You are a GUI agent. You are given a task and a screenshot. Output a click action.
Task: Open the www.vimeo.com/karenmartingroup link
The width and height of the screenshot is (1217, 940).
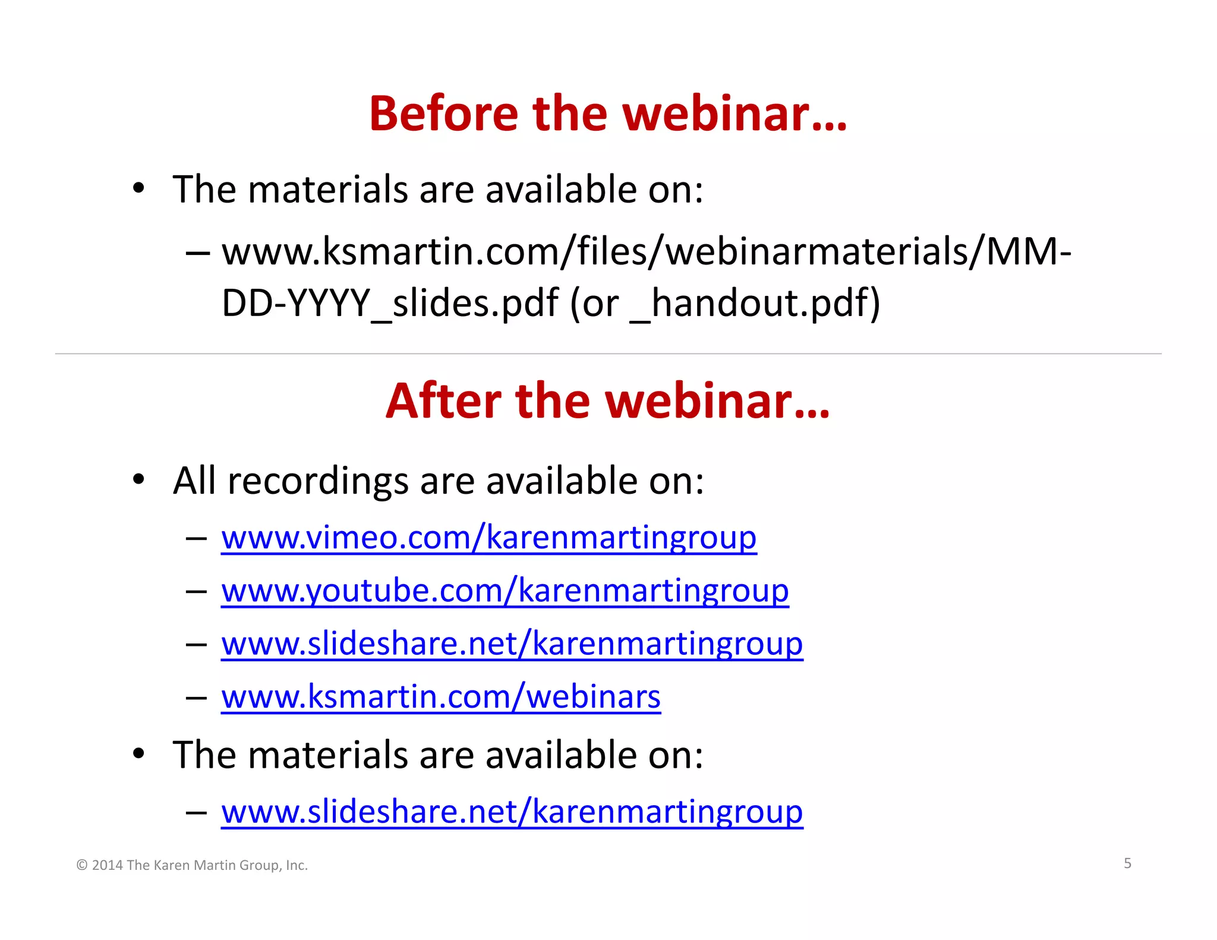click(x=488, y=538)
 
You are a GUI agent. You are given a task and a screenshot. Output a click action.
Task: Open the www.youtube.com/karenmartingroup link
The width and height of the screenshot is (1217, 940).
click(x=505, y=591)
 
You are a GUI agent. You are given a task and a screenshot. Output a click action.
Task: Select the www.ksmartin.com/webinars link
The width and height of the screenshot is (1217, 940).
click(x=440, y=696)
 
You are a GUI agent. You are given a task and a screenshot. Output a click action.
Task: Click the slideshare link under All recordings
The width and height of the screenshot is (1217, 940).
click(x=512, y=644)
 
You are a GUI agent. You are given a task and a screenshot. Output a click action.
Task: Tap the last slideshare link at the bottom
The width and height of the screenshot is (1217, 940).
click(x=512, y=812)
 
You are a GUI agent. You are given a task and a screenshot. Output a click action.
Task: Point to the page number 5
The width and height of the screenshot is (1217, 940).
click(x=1127, y=863)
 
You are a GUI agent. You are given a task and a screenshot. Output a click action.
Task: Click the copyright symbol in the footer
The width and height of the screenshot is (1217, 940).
click(x=82, y=866)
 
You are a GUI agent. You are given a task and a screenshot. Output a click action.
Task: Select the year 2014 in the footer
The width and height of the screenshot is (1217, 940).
click(x=108, y=866)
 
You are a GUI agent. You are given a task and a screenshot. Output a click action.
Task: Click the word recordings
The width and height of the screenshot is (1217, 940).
click(x=318, y=481)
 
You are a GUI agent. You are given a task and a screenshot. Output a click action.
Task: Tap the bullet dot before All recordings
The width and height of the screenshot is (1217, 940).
click(x=138, y=479)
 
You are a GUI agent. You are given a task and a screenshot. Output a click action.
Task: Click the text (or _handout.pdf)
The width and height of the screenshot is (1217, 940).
click(x=724, y=303)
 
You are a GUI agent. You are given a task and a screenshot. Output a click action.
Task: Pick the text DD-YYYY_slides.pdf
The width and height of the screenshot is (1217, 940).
click(x=390, y=303)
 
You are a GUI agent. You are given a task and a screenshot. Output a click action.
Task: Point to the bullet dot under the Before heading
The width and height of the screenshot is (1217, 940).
click(x=138, y=188)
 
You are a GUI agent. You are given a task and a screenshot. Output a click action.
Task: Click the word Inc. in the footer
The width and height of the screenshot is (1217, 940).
click(x=297, y=866)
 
